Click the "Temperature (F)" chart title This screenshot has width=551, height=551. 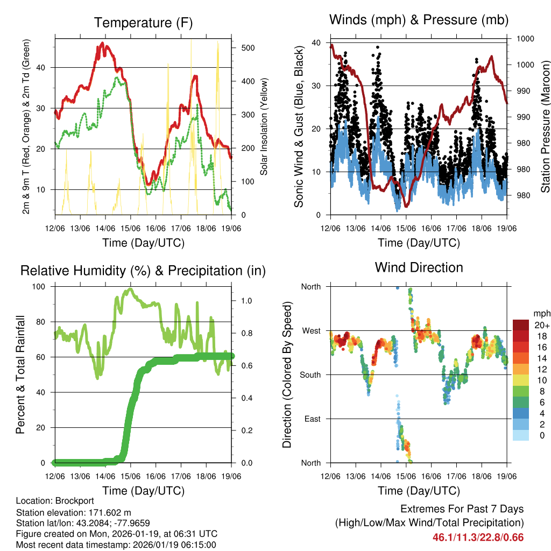(143, 23)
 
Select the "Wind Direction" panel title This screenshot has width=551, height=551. (419, 267)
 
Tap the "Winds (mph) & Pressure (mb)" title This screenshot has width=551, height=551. (419, 20)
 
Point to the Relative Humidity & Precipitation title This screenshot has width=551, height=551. (143, 271)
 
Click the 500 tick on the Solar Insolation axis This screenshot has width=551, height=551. (248, 48)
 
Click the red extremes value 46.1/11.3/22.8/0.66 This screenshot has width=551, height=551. (478, 537)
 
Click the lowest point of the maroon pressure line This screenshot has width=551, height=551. (406, 206)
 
